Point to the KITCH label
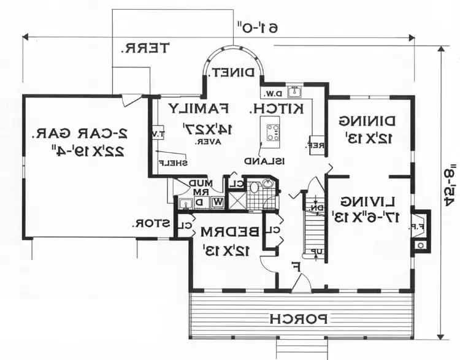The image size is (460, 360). pyautogui.click(x=277, y=109)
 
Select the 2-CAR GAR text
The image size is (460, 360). pyautogui.click(x=81, y=132)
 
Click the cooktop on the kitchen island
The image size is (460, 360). pyautogui.click(x=272, y=131)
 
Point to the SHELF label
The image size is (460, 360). pyautogui.click(x=172, y=163)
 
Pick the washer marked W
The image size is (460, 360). pyautogui.click(x=200, y=201)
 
